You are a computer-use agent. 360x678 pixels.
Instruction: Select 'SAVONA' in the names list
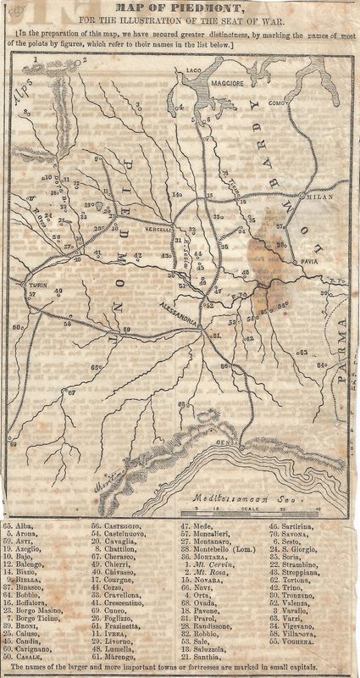pyautogui.click(x=299, y=536)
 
